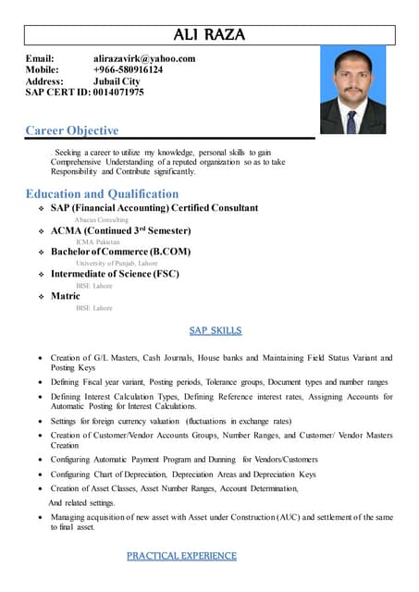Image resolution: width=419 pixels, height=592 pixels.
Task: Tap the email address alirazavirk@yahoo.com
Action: [x=144, y=59]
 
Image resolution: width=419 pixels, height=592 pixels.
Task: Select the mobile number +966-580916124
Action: [x=128, y=70]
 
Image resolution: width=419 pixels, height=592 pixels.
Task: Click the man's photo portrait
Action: [x=352, y=92]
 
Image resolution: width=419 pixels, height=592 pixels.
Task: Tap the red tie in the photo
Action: [x=351, y=122]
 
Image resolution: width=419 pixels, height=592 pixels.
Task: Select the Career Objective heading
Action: [x=72, y=131]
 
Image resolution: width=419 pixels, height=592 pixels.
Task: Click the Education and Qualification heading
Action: [x=102, y=194]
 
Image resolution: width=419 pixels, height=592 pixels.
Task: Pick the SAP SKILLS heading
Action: [x=216, y=330]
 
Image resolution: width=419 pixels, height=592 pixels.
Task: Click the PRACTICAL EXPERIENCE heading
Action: [x=181, y=556]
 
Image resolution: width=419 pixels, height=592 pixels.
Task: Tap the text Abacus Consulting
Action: [x=102, y=219]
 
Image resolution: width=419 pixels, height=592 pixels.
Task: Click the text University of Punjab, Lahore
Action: [x=117, y=264]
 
